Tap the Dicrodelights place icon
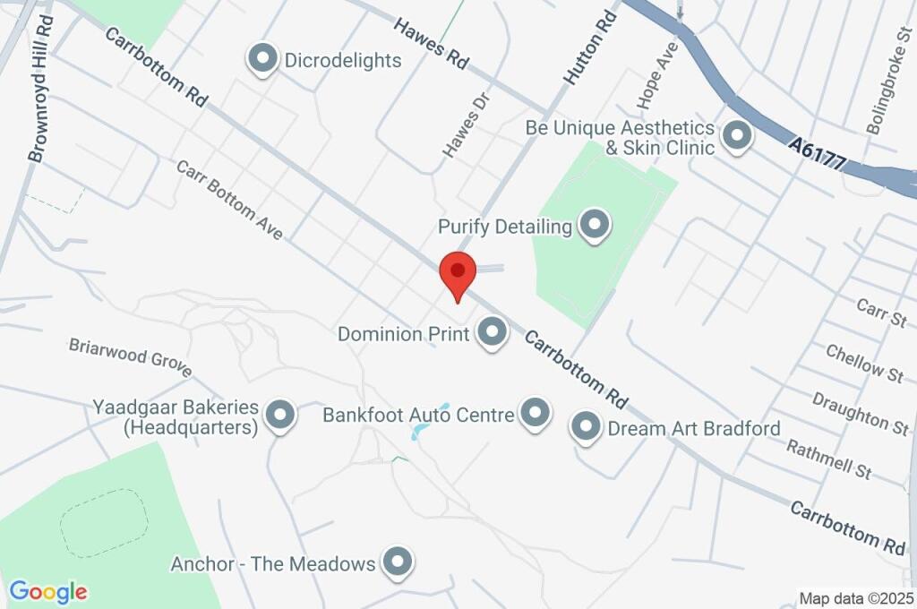click(x=262, y=59)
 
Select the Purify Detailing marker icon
click(x=593, y=226)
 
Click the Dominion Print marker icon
click(x=491, y=333)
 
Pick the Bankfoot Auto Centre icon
click(x=536, y=414)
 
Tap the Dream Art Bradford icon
click(x=586, y=427)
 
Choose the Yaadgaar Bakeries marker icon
click(x=281, y=415)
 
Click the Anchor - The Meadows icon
click(x=397, y=562)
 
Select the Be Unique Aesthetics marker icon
click(x=737, y=136)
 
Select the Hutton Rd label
click(x=591, y=48)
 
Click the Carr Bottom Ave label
click(x=229, y=201)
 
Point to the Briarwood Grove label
click(x=131, y=356)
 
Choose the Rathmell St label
click(x=828, y=459)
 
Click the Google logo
click(x=48, y=592)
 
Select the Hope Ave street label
click(x=656, y=75)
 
